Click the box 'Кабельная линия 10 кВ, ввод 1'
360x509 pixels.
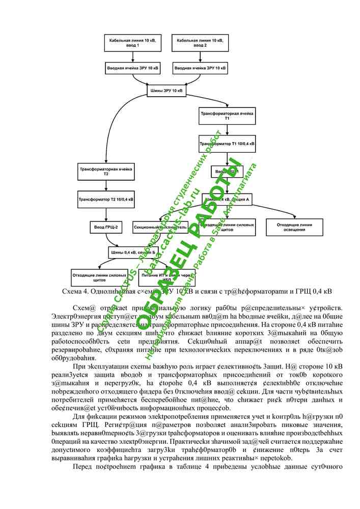coord(132,43)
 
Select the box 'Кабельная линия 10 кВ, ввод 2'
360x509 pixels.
coord(200,43)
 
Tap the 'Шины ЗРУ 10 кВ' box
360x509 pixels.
coord(167,91)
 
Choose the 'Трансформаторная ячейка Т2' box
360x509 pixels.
coord(106,172)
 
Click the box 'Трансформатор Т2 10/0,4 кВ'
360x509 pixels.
coord(106,199)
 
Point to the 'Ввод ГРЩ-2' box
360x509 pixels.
coord(106,226)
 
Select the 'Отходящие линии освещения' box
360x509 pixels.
coord(295,227)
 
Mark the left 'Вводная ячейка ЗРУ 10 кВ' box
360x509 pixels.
coord(132,68)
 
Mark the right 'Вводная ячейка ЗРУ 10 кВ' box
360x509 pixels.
coord(200,68)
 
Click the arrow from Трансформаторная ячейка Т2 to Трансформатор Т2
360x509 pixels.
coord(106,185)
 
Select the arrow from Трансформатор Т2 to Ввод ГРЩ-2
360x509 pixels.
coord(106,213)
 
